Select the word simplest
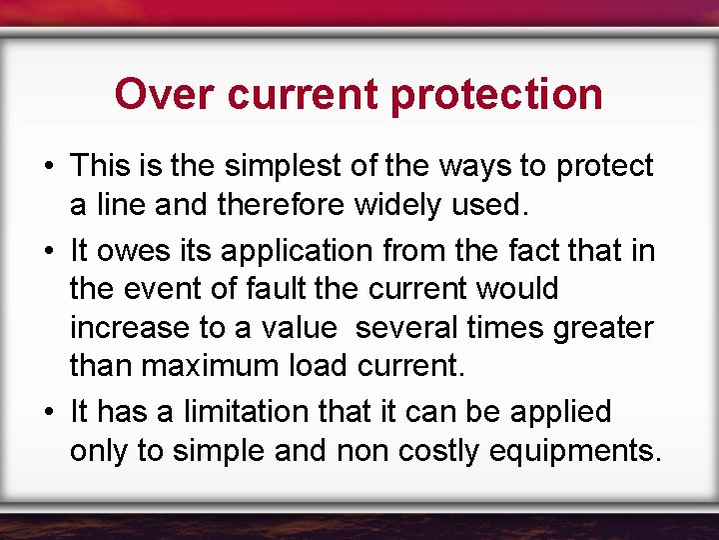tap(285, 166)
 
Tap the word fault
tap(275, 289)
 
